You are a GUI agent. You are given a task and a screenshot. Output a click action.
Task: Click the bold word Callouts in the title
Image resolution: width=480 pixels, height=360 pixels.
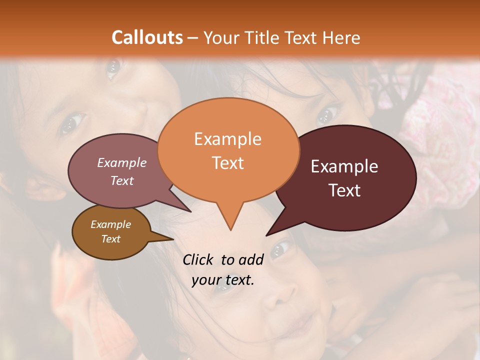point(147,37)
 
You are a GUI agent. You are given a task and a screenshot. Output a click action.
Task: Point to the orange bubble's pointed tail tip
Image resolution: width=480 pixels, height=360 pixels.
point(230,230)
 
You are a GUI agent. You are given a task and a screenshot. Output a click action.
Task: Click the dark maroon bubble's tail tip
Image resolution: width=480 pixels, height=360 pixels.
point(266,235)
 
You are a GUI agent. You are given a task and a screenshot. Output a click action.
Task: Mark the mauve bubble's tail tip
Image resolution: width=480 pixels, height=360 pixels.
point(191,211)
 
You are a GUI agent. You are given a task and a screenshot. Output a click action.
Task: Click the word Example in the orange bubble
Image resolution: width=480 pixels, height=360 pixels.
point(228,139)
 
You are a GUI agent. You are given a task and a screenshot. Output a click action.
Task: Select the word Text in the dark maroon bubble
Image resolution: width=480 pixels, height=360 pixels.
point(345,190)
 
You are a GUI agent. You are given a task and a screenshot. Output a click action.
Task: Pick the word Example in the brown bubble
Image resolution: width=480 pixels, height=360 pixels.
point(111,225)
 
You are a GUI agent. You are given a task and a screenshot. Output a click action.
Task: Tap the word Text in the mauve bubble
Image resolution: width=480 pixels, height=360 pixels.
point(122,180)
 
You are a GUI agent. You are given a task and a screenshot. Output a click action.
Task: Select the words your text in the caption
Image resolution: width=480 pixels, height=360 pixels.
point(223,280)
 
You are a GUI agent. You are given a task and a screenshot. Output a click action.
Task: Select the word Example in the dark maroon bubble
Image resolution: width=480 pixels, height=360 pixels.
point(344,166)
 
